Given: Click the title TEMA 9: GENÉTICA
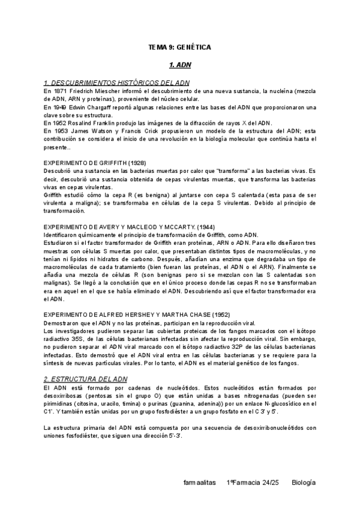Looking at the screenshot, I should (x=179, y=46).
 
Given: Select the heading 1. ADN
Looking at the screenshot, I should (x=179, y=62).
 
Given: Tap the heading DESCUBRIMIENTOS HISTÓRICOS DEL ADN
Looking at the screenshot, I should (x=117, y=82).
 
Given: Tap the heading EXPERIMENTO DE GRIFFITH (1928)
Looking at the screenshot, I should (x=95, y=163).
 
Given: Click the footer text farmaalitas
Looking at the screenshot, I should (x=201, y=482).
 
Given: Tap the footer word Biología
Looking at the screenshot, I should (x=304, y=482).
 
